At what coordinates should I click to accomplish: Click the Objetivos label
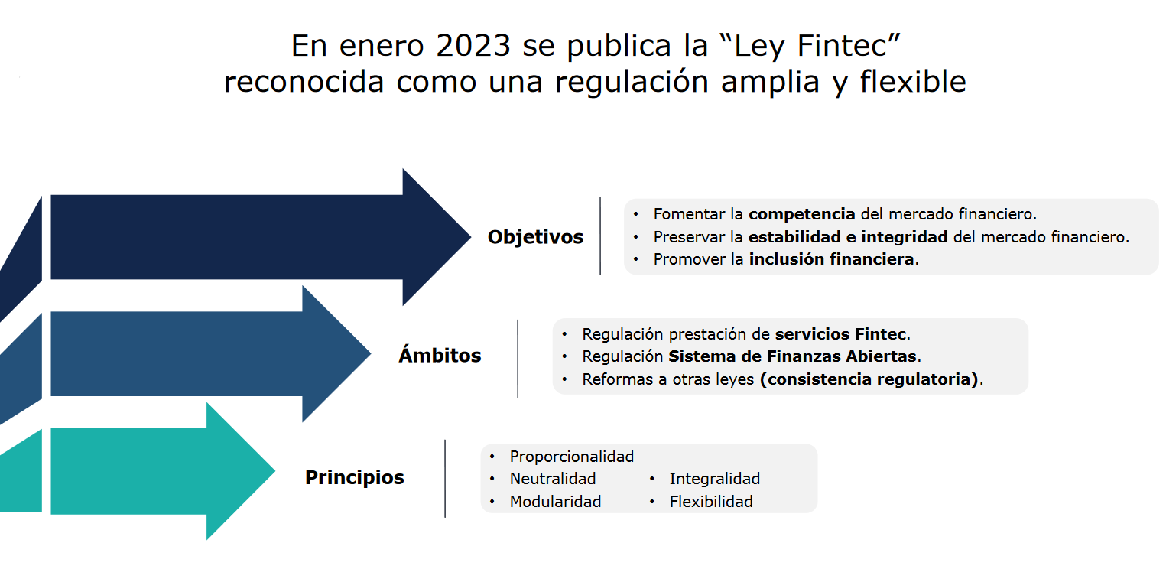click(x=535, y=237)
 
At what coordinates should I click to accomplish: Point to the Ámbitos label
click(x=440, y=356)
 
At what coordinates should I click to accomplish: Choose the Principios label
click(x=355, y=478)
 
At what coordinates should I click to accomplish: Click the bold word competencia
click(x=801, y=214)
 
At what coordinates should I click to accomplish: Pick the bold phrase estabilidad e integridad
click(x=848, y=237)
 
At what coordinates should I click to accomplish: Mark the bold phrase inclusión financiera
click(x=831, y=259)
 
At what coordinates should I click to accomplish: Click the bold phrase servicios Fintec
click(x=840, y=334)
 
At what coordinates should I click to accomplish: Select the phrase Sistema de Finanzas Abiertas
click(x=792, y=356)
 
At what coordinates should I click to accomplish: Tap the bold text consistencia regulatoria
click(x=869, y=379)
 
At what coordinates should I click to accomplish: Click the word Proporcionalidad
click(x=572, y=457)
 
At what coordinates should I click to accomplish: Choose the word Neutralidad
click(x=553, y=479)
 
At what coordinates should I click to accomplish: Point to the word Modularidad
click(x=555, y=502)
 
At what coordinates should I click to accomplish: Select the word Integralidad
click(x=714, y=479)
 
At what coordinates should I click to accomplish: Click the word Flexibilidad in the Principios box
click(x=711, y=502)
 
